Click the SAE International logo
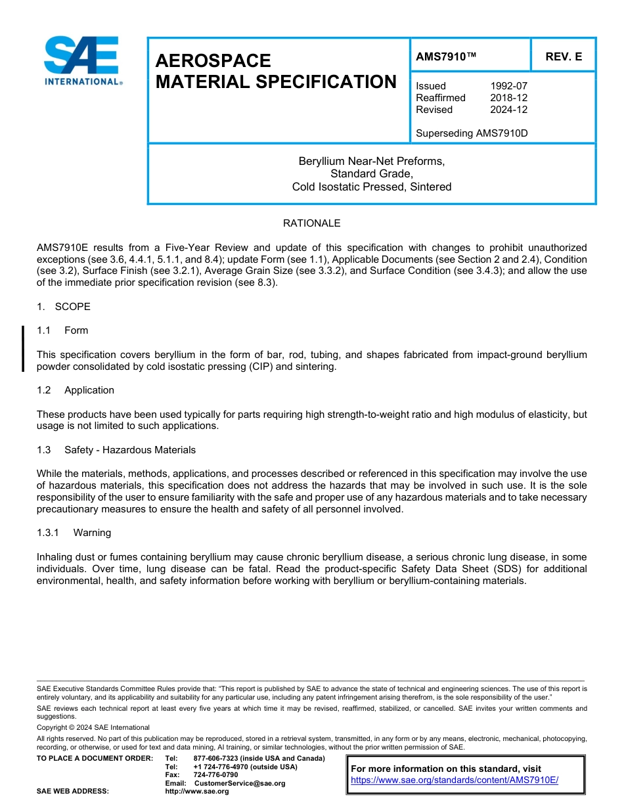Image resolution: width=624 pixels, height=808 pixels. pyautogui.click(x=82, y=60)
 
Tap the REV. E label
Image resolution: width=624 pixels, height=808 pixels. pyautogui.click(x=563, y=56)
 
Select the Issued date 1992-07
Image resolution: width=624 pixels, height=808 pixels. pyautogui.click(x=508, y=86)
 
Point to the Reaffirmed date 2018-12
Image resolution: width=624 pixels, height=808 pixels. pyautogui.click(x=508, y=98)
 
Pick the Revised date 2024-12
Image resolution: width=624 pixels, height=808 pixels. pyautogui.click(x=508, y=110)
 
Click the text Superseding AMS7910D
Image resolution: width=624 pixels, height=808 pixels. pyautogui.click(x=472, y=133)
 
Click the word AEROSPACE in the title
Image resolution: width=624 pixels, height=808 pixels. pyautogui.click(x=213, y=60)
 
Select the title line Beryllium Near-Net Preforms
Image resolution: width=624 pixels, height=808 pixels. pyautogui.click(x=372, y=161)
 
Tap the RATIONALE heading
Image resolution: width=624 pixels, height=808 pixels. pyautogui.click(x=311, y=223)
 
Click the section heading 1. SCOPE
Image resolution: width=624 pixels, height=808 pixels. pyautogui.click(x=64, y=307)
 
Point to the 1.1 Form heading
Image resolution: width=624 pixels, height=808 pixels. pyautogui.click(x=62, y=330)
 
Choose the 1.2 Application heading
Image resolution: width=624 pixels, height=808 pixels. pyautogui.click(x=76, y=390)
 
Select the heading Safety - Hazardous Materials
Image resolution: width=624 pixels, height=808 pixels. pyautogui.click(x=129, y=450)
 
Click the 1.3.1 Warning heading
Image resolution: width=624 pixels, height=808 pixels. pyautogui.click(x=74, y=533)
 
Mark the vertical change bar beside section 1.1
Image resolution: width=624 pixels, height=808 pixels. pyautogui.click(x=23, y=348)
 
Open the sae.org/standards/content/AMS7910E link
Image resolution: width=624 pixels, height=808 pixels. pyautogui.click(x=454, y=780)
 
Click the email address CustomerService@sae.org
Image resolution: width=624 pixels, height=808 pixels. pyautogui.click(x=240, y=783)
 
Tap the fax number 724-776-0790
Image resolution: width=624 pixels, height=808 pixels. pyautogui.click(x=215, y=774)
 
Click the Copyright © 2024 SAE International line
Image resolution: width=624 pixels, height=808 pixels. pyautogui.click(x=93, y=727)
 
